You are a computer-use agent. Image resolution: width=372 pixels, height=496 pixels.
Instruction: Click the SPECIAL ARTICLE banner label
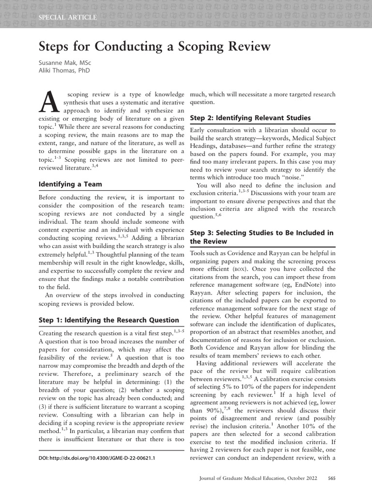(x=67, y=17)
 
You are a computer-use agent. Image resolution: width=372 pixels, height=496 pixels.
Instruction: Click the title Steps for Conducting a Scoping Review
(x=154, y=47)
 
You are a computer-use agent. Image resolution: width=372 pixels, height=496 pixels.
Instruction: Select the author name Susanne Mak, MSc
(x=65, y=63)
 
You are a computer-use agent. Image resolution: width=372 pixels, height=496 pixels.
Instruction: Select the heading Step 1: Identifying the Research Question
(x=108, y=320)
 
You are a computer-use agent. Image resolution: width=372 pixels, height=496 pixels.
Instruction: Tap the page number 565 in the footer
(x=332, y=479)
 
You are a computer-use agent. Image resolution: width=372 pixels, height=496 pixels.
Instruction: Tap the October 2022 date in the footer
(x=301, y=479)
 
